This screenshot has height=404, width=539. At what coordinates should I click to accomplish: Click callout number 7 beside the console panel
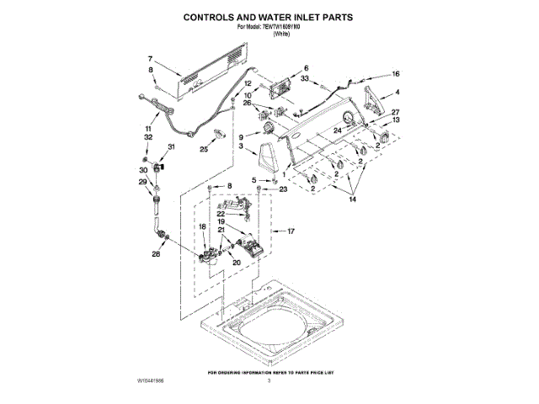tap(150, 59)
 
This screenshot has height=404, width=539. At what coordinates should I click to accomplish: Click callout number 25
tap(204, 150)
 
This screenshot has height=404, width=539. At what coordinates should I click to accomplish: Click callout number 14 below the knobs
tap(353, 199)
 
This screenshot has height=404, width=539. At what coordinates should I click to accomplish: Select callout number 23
tap(283, 190)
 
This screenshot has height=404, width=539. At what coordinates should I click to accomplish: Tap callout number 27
tap(396, 113)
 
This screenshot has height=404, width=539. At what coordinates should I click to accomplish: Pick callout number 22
tap(219, 215)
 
